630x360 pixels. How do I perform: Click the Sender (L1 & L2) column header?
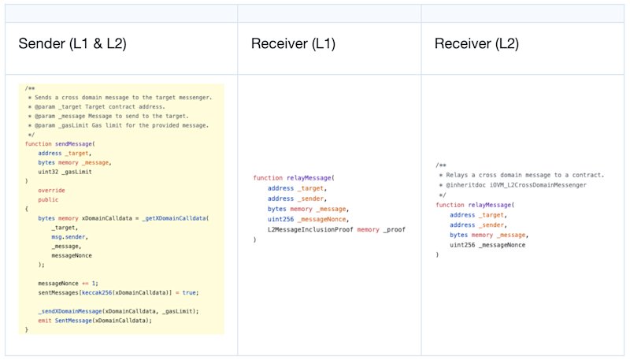pyautogui.click(x=72, y=43)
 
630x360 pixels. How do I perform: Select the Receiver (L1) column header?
pyautogui.click(x=293, y=43)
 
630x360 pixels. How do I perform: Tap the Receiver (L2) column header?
pyautogui.click(x=476, y=43)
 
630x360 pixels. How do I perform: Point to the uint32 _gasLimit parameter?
pyautogui.click(x=65, y=172)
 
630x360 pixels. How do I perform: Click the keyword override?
pyautogui.click(x=51, y=191)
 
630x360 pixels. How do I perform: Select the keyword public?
pyautogui.click(x=48, y=199)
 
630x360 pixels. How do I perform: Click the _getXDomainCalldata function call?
pyautogui.click(x=174, y=218)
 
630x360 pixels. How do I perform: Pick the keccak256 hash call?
pyautogui.click(x=97, y=293)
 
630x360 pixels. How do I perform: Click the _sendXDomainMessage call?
pyautogui.click(x=70, y=311)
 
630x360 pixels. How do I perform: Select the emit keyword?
pyautogui.click(x=45, y=321)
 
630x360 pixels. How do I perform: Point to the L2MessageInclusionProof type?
pyautogui.click(x=310, y=230)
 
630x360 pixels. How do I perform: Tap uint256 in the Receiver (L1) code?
pyautogui.click(x=281, y=219)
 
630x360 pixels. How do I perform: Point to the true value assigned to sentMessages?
pyautogui.click(x=189, y=293)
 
